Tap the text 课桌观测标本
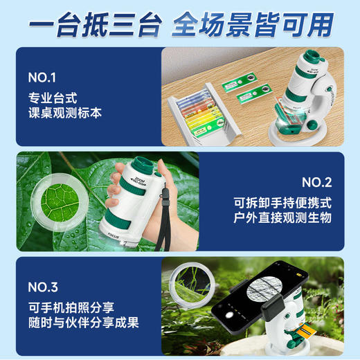(63, 111)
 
